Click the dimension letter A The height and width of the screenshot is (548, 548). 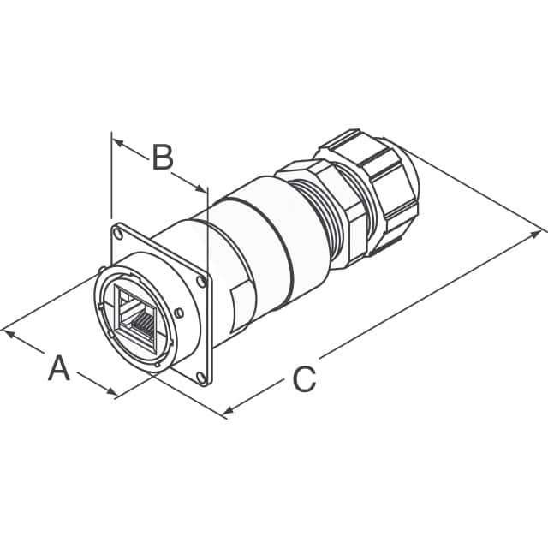[58, 369]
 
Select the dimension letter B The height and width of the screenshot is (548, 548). [163, 158]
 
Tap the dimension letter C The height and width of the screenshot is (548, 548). [304, 378]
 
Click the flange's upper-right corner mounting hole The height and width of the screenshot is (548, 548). [202, 280]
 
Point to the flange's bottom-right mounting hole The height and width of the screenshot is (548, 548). [200, 376]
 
